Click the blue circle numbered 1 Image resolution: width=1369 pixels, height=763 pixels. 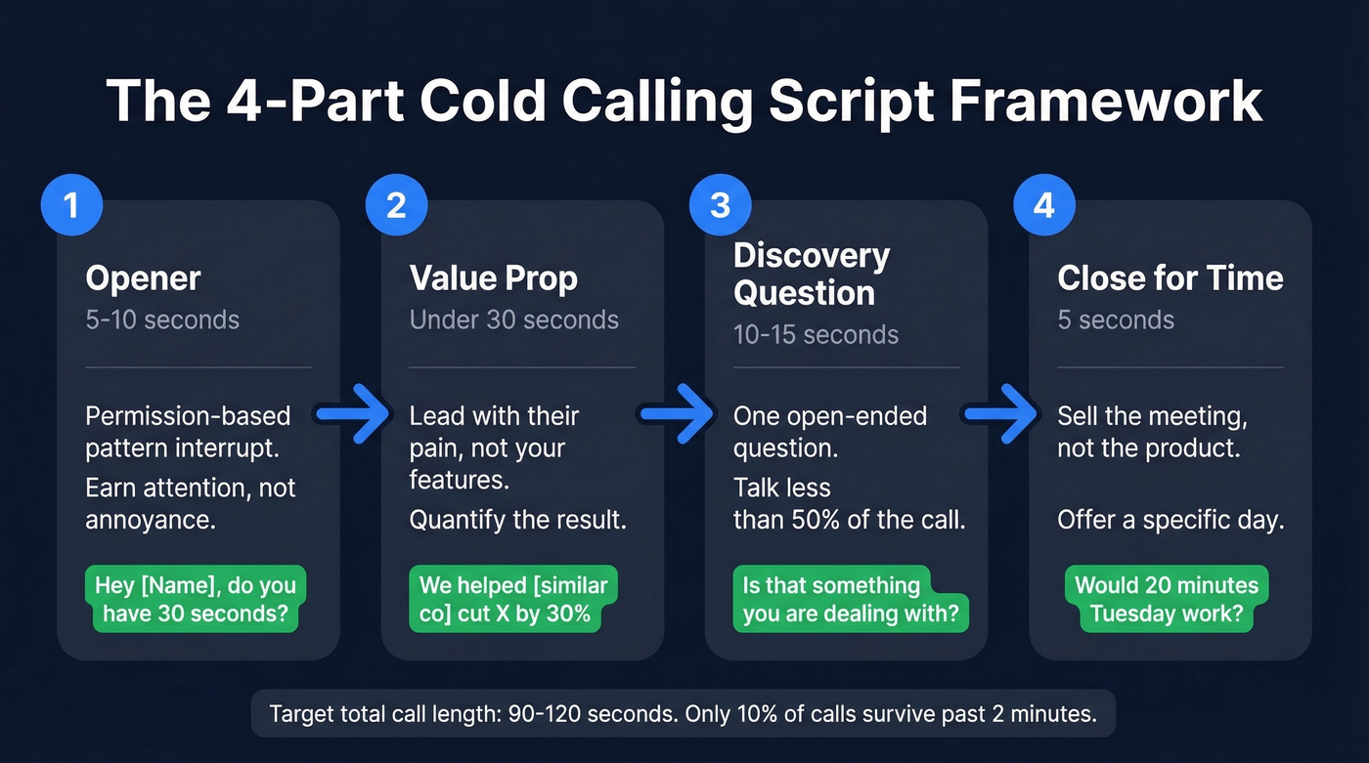pos(69,206)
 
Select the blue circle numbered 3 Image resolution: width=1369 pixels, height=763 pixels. pos(719,206)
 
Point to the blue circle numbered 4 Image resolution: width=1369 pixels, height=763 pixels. pos(1043,206)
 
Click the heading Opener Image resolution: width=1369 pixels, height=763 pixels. pos(143,278)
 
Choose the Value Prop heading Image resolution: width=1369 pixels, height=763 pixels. pos(493,278)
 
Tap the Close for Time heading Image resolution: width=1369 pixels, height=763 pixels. pos(1170,278)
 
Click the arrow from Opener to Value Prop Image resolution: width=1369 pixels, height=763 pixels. pos(353,415)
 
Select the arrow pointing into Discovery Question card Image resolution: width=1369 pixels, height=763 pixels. pos(678,415)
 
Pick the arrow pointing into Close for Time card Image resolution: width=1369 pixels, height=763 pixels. pos(1001,415)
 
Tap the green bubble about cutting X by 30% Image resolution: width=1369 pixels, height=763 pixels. pos(512,599)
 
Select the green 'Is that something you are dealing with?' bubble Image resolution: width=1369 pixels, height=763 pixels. pos(850,599)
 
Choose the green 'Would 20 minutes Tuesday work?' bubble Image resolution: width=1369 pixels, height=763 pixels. pos(1165,599)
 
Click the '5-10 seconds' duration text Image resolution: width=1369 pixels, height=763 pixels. pos(161,319)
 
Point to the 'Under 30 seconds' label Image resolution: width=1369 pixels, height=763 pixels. pos(513,319)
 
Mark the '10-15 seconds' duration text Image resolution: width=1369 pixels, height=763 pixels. pos(816,335)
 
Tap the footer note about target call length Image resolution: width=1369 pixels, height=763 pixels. pos(683,714)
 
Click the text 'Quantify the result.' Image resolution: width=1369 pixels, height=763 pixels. pos(517,519)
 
